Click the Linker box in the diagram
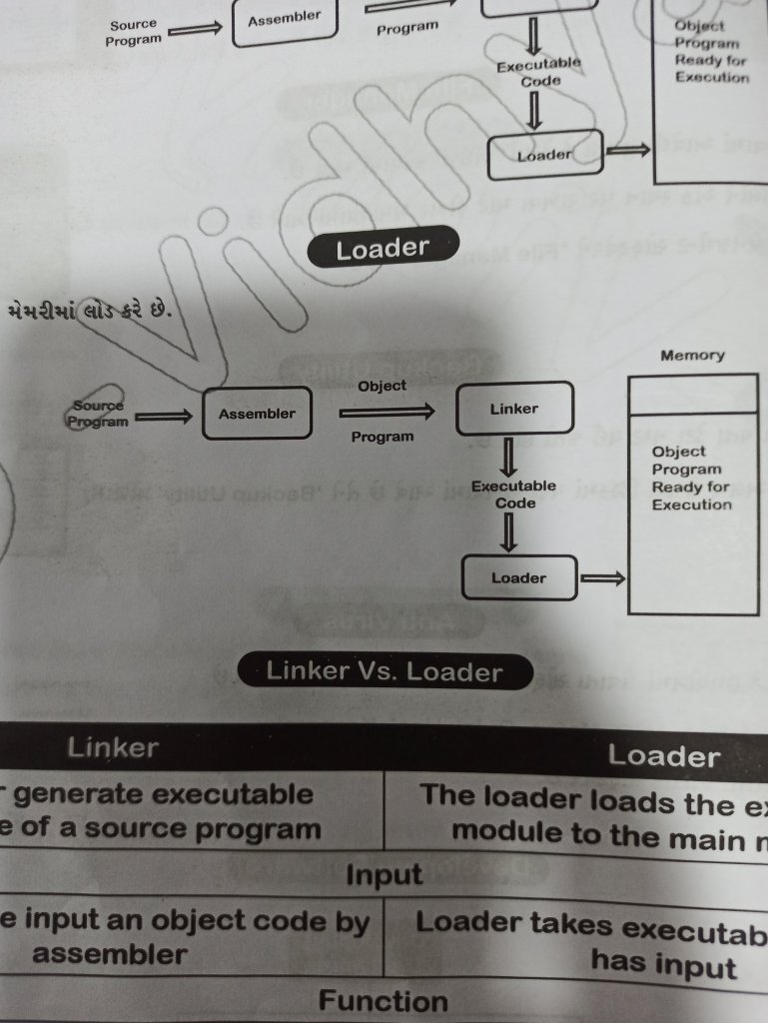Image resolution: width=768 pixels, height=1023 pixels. tap(514, 410)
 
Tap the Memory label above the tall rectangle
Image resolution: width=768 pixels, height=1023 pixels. tap(691, 356)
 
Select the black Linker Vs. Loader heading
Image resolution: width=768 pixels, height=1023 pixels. tap(384, 671)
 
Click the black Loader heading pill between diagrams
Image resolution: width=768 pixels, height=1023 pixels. tap(383, 249)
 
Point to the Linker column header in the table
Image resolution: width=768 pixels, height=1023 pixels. tap(113, 747)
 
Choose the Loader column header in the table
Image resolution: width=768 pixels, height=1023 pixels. tap(663, 756)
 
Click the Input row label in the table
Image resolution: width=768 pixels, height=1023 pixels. tap(384, 876)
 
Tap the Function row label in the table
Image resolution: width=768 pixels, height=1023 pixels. tap(384, 1001)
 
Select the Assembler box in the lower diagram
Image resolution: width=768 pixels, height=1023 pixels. tap(257, 414)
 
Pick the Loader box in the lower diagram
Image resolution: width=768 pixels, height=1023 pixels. tap(519, 578)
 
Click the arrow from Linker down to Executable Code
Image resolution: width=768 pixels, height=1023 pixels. tap(508, 458)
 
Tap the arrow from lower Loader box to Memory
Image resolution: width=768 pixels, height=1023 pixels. tap(602, 577)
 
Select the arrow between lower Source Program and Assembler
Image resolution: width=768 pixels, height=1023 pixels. tap(163, 418)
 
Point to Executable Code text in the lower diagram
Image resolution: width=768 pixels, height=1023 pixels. tap(513, 495)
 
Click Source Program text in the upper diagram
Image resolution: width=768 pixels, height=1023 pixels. tap(133, 33)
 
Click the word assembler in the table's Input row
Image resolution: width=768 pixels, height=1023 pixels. tap(110, 955)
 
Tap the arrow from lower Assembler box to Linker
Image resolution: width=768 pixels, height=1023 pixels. tap(385, 411)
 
